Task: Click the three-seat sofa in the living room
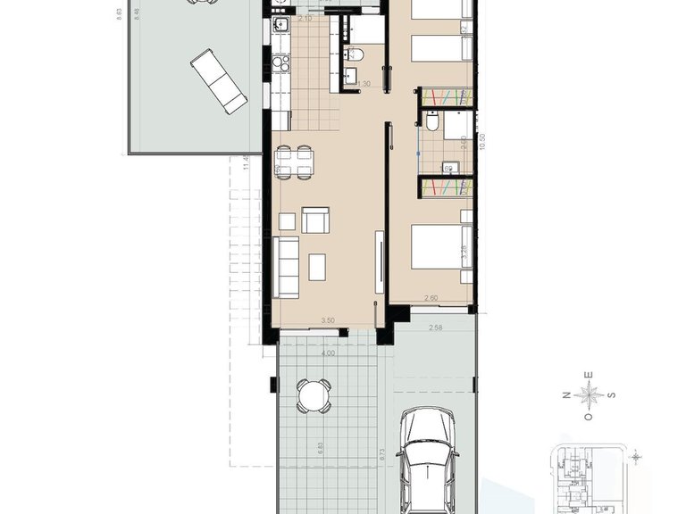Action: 286,267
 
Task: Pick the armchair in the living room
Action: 315,220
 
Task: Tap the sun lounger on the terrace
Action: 219,79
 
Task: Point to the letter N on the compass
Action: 565,394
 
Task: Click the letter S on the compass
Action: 611,394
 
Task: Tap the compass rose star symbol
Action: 588,394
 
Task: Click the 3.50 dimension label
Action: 327,320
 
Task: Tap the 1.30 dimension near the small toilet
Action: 363,84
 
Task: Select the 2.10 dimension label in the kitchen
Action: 304,19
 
